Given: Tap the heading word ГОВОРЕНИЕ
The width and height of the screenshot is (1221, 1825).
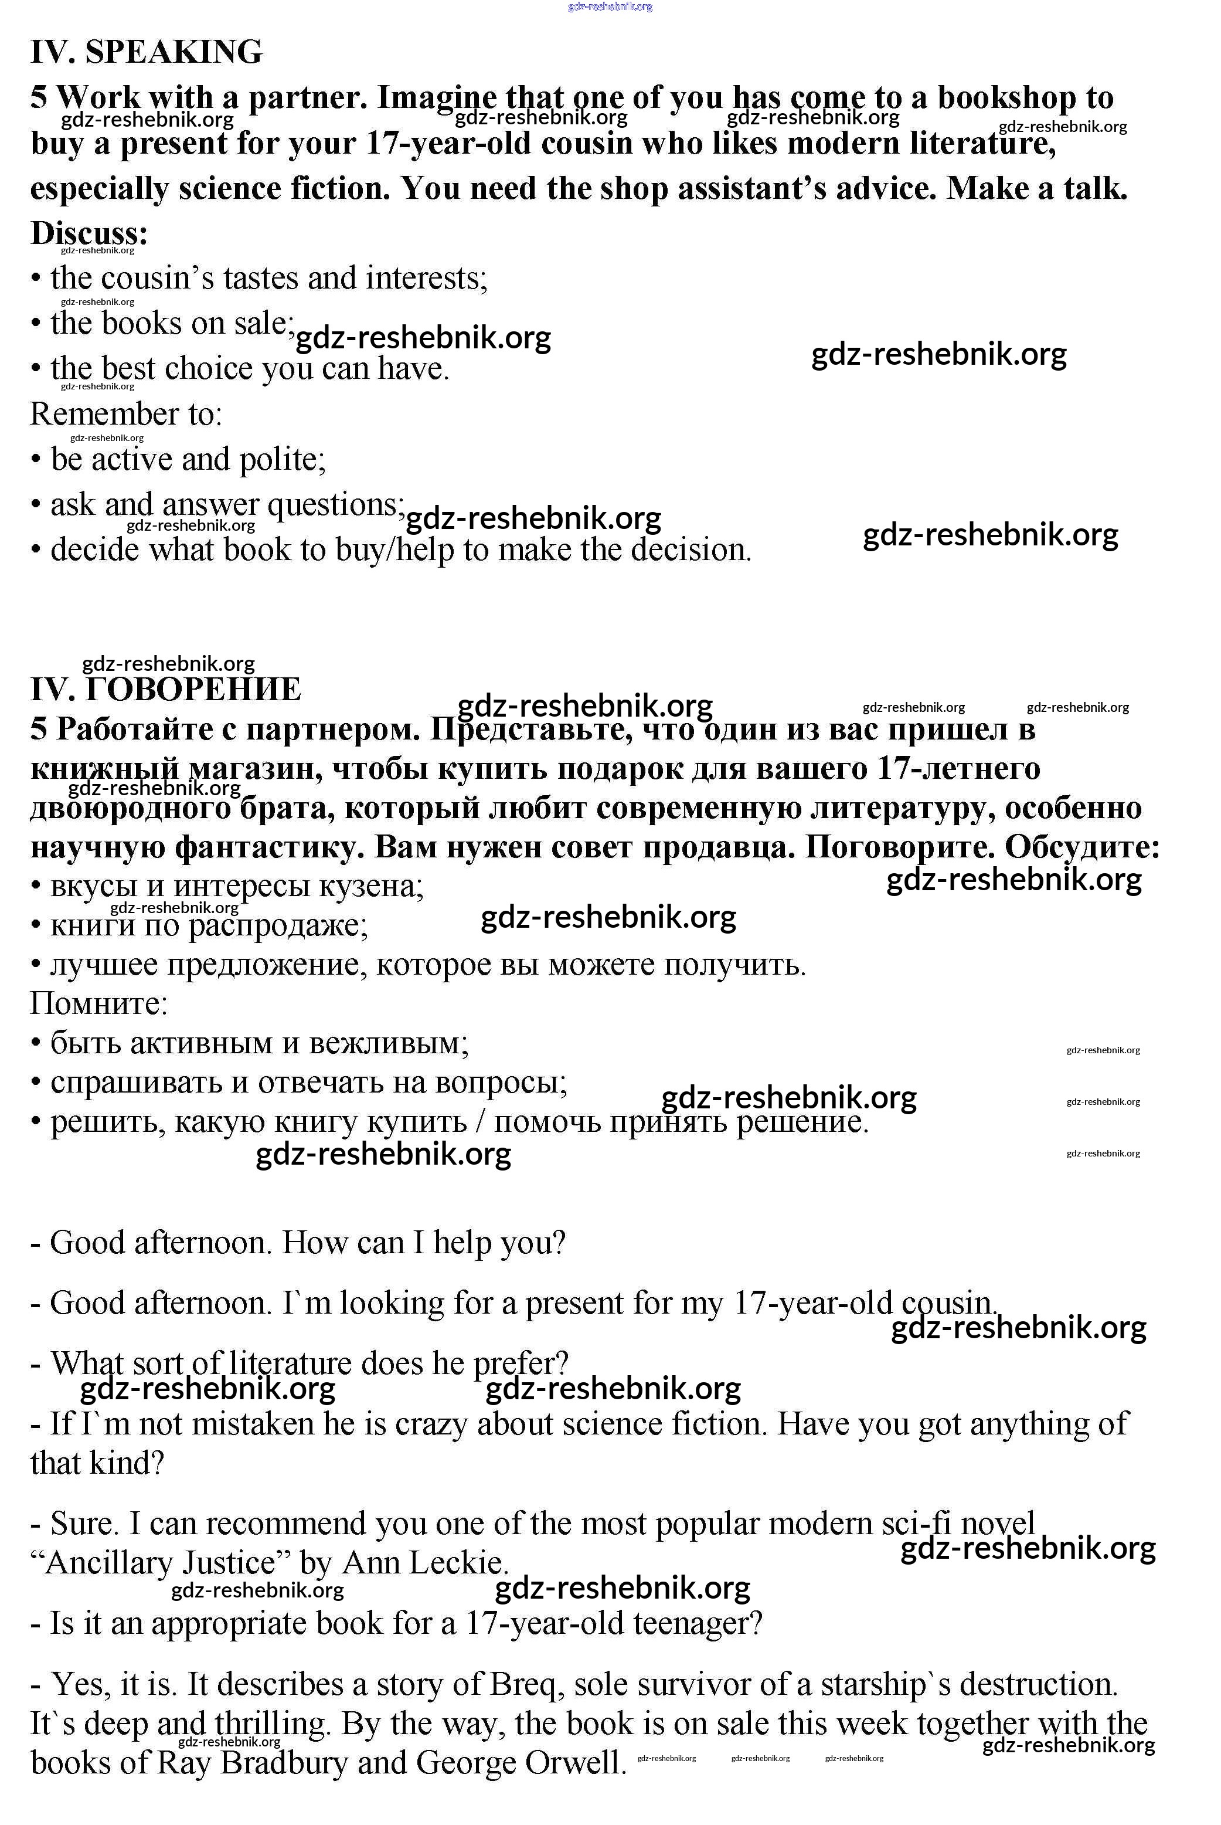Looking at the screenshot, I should click(x=192, y=689).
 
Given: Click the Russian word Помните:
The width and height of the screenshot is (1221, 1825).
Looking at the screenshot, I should click(x=99, y=1003).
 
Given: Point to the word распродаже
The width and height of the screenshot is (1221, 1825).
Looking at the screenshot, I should click(x=277, y=925).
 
